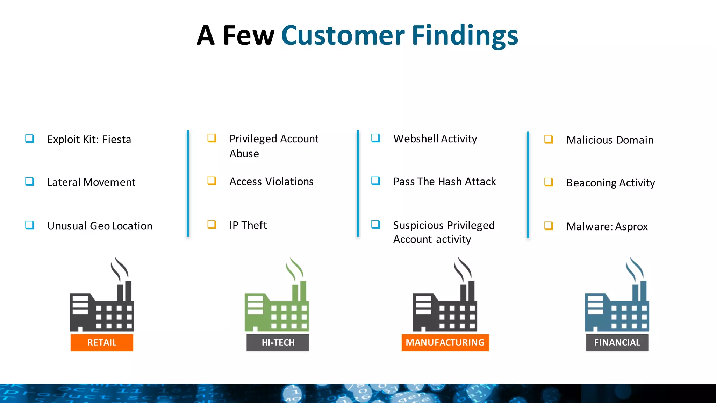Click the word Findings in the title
coord(465,36)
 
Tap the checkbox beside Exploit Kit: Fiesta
coord(30,139)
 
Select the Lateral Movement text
coord(91,182)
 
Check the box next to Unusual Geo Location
coord(30,225)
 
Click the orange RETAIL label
coord(102,342)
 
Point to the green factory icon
coord(277,301)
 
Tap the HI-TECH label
coord(278,342)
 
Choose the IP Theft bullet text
coord(248,225)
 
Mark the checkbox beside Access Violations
coord(212,181)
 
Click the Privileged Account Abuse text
coord(274,146)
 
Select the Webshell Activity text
coord(435,139)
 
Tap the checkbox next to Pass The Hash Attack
coord(376,181)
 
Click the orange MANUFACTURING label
coord(445,342)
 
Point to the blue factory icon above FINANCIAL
coord(617,301)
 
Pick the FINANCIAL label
coord(617,342)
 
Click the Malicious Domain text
coord(610,140)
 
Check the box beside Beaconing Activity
coord(549,182)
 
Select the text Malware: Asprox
coord(607,227)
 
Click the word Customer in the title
coord(343,36)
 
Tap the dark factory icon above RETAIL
coord(102,301)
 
